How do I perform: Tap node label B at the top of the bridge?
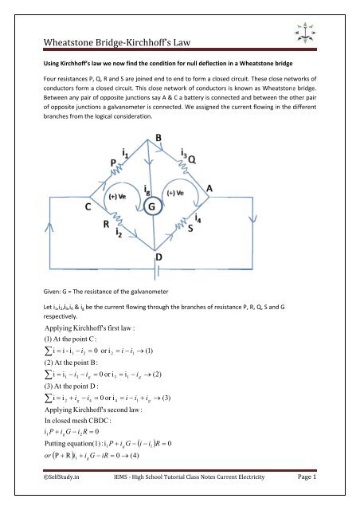[x=180, y=137]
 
